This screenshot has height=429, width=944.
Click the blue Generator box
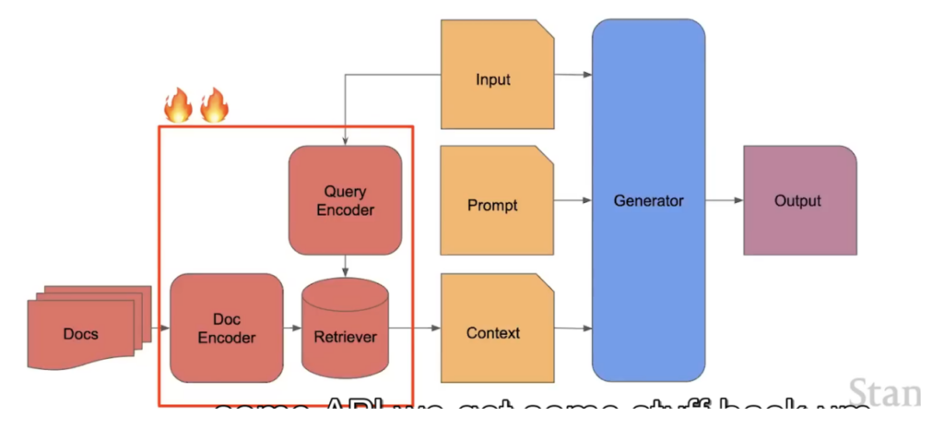[648, 200]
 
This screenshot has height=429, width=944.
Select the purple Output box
[798, 200]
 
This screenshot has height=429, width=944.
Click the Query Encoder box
[346, 200]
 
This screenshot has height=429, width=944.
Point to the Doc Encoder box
[227, 328]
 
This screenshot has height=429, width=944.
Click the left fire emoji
[178, 106]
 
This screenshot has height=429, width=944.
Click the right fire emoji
[214, 106]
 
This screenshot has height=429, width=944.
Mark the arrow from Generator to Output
[725, 200]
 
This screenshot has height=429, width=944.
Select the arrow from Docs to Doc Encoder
[160, 328]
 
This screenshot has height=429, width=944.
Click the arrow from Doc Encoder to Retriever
[293, 328]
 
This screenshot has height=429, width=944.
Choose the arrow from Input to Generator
[572, 74]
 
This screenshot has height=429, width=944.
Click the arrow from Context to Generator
[572, 328]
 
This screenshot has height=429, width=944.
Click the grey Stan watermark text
[885, 392]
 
